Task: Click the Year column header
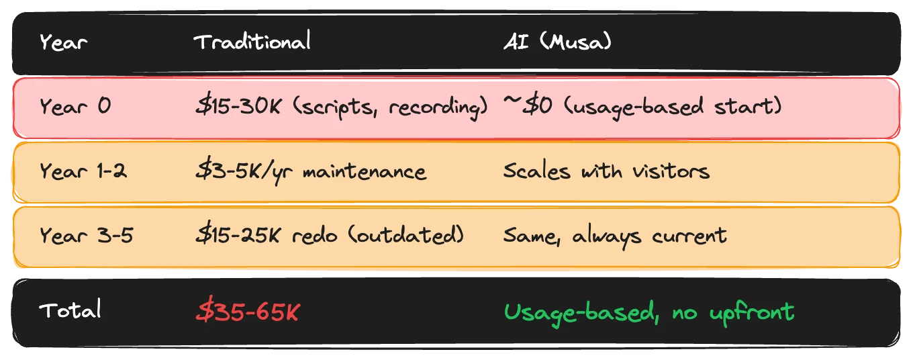(x=63, y=43)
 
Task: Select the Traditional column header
(x=252, y=42)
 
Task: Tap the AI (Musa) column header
(x=557, y=42)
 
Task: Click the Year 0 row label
(x=75, y=106)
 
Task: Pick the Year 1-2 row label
(x=83, y=171)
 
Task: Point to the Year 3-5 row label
(x=85, y=236)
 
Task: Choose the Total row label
(x=70, y=310)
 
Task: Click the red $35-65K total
(x=247, y=311)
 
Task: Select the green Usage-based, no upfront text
(x=648, y=311)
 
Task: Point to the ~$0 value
(x=528, y=106)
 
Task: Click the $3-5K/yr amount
(x=245, y=171)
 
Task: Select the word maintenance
(x=364, y=171)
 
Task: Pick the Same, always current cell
(x=614, y=236)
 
